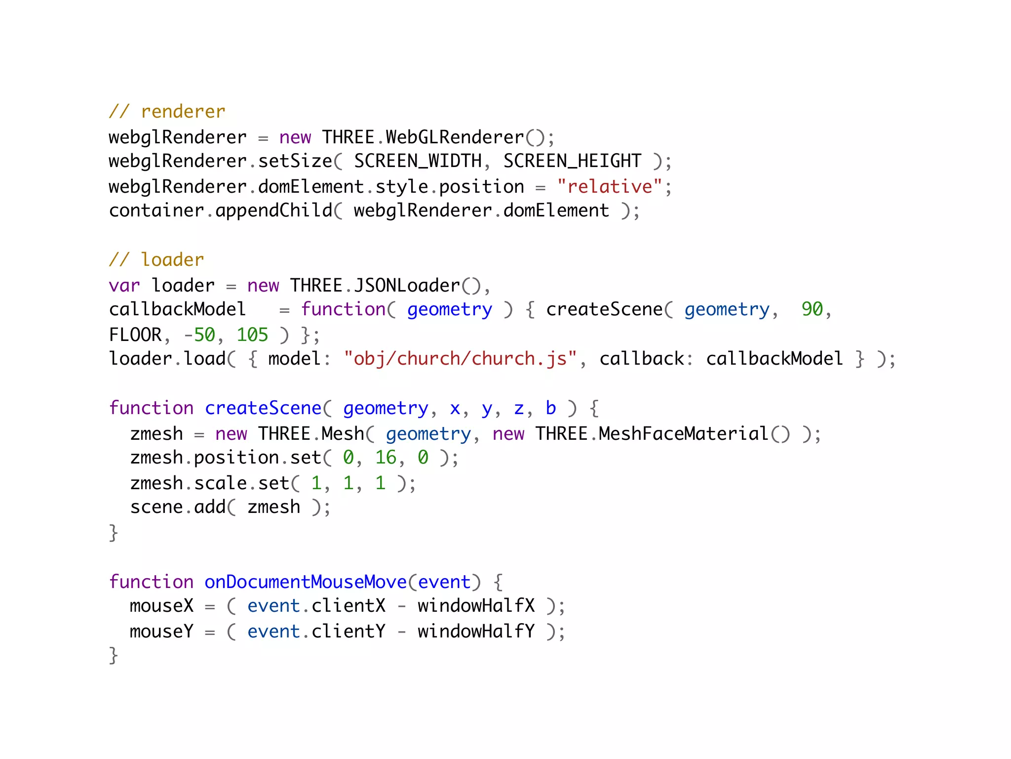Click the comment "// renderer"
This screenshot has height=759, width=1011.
click(x=167, y=112)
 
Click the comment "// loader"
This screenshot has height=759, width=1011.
click(x=156, y=260)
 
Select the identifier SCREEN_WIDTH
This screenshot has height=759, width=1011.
click(x=418, y=161)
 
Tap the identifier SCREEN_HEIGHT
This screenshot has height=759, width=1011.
click(x=572, y=161)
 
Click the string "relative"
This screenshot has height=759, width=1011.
click(x=610, y=187)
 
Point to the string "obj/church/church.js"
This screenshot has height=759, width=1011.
click(x=460, y=359)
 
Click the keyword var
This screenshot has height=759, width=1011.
click(x=124, y=286)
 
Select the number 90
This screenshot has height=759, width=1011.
click(x=812, y=309)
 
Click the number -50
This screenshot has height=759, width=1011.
click(x=199, y=335)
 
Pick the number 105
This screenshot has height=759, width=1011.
click(x=252, y=335)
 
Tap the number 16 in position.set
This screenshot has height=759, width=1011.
click(x=386, y=458)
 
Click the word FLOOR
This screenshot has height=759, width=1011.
click(x=135, y=335)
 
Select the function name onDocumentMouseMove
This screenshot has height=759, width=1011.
click(x=306, y=582)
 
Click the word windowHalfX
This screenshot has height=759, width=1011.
click(x=476, y=606)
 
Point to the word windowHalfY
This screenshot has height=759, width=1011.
click(x=476, y=632)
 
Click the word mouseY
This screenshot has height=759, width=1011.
click(x=161, y=632)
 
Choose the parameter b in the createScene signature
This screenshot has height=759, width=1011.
click(x=550, y=408)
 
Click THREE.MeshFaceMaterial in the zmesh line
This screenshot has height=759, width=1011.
click(x=652, y=434)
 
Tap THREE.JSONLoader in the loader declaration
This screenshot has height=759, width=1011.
click(x=375, y=286)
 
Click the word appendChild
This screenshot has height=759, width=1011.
click(x=274, y=211)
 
